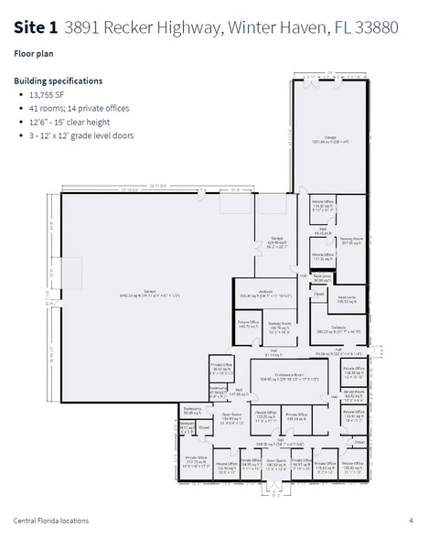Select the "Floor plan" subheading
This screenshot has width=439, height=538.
pos(34,54)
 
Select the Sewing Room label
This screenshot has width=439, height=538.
pos(353,241)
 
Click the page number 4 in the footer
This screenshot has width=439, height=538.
pos(411,521)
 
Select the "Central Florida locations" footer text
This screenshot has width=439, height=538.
pos(51,521)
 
